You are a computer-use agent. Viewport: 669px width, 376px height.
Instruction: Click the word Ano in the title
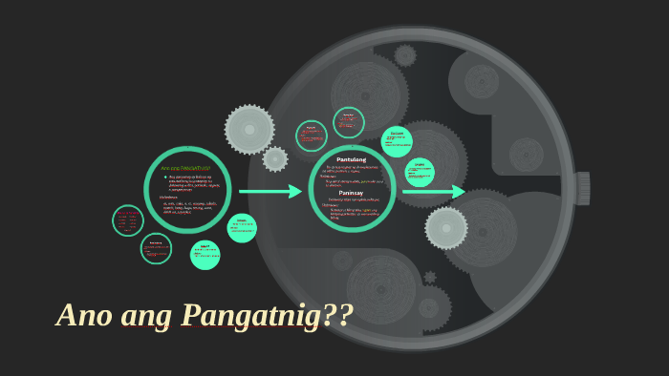click(81, 315)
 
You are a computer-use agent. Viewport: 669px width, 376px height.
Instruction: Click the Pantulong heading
click(351, 159)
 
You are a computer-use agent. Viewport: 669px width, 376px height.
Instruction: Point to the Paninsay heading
click(351, 193)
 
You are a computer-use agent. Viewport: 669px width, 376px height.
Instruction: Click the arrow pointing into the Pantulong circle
click(270, 192)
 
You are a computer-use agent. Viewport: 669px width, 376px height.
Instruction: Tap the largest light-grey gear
click(249, 129)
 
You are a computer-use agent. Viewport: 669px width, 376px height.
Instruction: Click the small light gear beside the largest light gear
click(275, 159)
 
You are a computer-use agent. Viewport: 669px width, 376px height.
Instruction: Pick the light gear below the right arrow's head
click(446, 228)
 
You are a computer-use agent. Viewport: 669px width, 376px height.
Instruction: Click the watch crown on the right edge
click(582, 188)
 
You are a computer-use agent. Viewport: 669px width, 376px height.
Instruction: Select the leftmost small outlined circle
click(128, 220)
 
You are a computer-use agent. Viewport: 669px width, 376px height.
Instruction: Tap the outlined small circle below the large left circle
click(156, 248)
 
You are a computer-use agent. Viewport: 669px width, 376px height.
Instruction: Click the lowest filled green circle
click(205, 255)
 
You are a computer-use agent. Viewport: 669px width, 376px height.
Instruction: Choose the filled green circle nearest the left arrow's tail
click(242, 227)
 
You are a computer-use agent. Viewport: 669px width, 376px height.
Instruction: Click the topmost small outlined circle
click(349, 122)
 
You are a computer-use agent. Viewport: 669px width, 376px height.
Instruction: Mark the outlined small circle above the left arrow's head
click(312, 136)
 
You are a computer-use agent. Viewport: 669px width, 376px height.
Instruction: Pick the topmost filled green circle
click(397, 141)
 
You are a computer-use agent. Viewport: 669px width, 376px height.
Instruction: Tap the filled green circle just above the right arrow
click(419, 172)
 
